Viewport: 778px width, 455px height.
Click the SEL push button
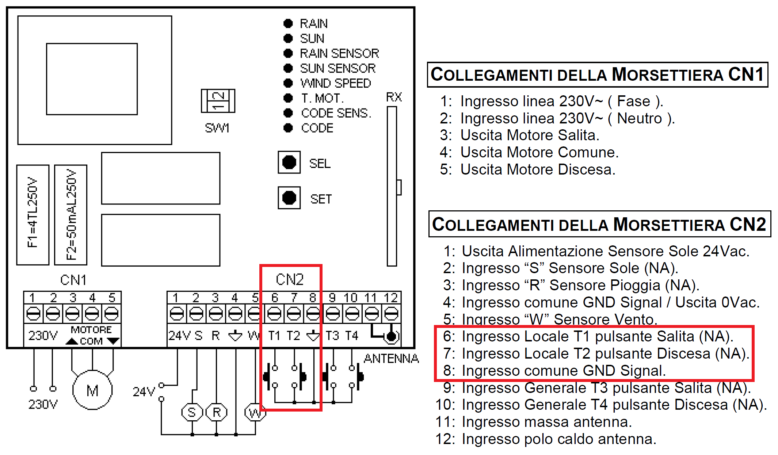pyautogui.click(x=289, y=162)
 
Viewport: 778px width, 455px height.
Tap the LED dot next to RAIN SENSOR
pyautogui.click(x=288, y=53)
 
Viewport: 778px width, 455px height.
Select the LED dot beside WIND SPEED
pyautogui.click(x=288, y=83)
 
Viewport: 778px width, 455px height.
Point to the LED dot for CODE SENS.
pyautogui.click(x=288, y=113)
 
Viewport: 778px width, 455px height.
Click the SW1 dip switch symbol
pyautogui.click(x=218, y=101)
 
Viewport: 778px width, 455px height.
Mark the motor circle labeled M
pyautogui.click(x=92, y=390)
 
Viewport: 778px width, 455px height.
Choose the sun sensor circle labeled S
pyautogui.click(x=192, y=412)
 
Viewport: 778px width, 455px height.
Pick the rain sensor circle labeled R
pyautogui.click(x=217, y=412)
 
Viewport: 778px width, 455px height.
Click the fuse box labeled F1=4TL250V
pyautogui.click(x=33, y=214)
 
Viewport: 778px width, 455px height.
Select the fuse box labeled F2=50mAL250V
pyautogui.click(x=71, y=214)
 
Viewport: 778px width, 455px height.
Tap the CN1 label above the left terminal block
pyautogui.click(x=73, y=280)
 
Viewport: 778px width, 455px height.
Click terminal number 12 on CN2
pyautogui.click(x=391, y=298)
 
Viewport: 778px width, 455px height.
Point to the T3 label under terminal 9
pyautogui.click(x=332, y=336)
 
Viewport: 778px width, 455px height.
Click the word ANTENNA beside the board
pyautogui.click(x=391, y=359)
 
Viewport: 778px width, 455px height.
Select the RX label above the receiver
pyautogui.click(x=394, y=97)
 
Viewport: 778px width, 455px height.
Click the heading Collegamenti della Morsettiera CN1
pyautogui.click(x=597, y=75)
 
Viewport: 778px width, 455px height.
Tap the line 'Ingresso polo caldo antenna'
pyautogui.click(x=558, y=439)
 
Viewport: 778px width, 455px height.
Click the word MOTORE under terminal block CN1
pyautogui.click(x=91, y=330)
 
